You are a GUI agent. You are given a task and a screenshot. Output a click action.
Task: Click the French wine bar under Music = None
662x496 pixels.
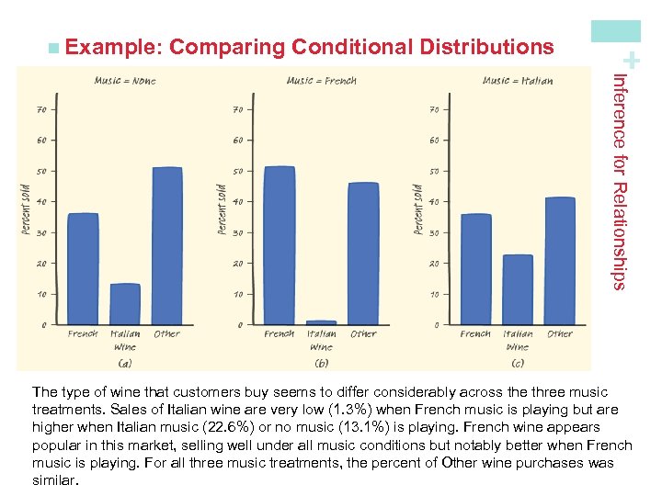(84, 268)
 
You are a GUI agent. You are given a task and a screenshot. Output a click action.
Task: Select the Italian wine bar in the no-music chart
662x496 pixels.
(125, 304)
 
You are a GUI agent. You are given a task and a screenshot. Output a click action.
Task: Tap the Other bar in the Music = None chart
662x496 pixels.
(167, 245)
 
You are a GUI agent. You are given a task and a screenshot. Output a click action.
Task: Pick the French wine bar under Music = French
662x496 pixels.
(280, 245)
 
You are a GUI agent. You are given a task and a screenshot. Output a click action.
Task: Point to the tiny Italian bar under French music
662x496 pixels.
(322, 322)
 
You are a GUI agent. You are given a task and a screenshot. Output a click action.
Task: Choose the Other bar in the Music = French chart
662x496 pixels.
(363, 253)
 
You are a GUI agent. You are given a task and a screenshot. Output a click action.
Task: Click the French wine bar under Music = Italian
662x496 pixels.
(475, 268)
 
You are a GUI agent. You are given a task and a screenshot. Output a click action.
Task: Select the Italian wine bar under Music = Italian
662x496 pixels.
(518, 289)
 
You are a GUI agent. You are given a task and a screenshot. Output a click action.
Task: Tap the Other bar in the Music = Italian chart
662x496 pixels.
(560, 260)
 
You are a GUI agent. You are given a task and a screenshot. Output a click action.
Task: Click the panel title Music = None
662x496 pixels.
(125, 81)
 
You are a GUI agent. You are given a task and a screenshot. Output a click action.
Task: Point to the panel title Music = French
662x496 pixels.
(321, 81)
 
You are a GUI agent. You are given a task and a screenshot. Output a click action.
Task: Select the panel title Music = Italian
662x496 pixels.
(518, 81)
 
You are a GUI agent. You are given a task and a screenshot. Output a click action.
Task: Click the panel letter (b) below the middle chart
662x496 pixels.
(322, 362)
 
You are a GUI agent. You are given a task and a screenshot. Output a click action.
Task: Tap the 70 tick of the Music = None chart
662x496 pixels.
(42, 109)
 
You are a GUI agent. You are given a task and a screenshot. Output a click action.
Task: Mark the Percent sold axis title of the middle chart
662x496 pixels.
(222, 209)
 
